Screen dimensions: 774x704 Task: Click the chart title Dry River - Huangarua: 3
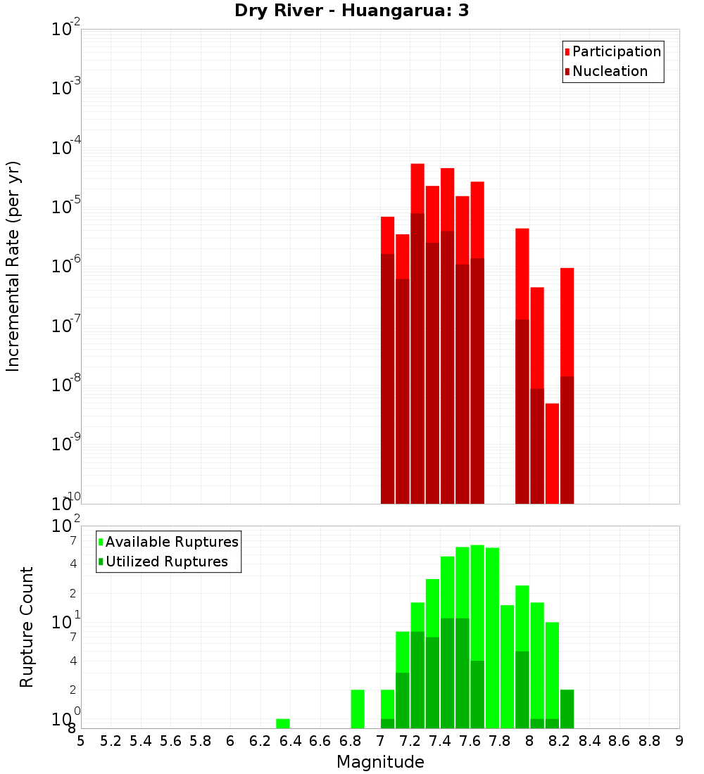pos(351,11)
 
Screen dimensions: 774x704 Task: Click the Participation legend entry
pos(616,51)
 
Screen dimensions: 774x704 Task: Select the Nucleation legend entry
pos(609,71)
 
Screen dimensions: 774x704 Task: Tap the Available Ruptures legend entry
pos(171,542)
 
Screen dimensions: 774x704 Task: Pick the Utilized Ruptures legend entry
pos(166,562)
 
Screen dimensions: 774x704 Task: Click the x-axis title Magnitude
pos(380,762)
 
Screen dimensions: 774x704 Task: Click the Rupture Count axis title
pos(27,626)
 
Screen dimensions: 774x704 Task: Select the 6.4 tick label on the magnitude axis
pos(290,741)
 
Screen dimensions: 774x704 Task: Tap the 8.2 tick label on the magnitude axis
pos(560,741)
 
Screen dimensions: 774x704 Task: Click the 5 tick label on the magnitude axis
pos(81,741)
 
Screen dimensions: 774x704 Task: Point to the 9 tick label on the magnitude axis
pos(679,741)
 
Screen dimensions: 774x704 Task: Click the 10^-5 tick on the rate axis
pos(66,207)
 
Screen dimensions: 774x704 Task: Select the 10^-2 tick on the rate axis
pos(66,30)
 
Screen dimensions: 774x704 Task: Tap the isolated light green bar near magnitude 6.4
pos(282,723)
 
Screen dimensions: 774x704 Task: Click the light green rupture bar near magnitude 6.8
pos(358,709)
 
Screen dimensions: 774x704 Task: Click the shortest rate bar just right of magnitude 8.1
pos(552,453)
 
